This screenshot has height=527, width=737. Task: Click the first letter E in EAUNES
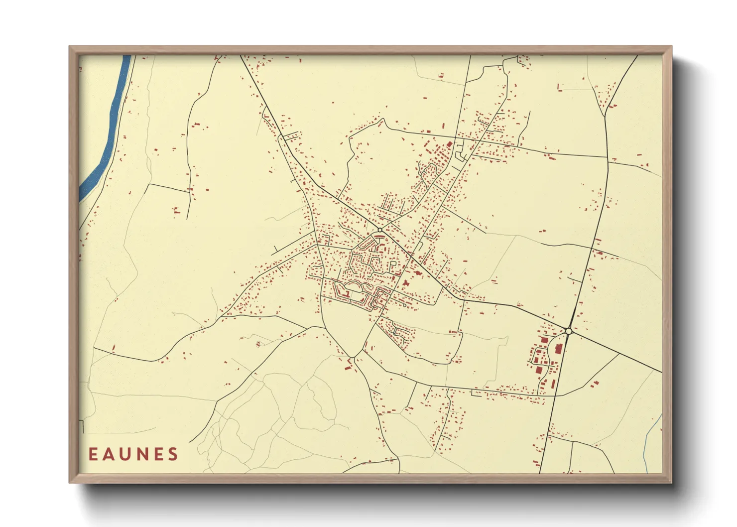point(93,454)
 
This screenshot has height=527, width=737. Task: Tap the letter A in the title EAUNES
point(109,454)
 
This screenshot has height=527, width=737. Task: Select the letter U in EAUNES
point(125,454)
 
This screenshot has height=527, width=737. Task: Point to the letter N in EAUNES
point(142,454)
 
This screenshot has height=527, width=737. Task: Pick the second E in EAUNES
point(158,454)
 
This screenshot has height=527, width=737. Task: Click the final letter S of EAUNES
point(173,454)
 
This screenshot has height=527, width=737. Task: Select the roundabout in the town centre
point(380,230)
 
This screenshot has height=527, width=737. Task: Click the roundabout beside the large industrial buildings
point(568,331)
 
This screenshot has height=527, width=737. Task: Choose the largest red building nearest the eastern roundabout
point(559,348)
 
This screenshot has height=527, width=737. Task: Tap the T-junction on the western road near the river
point(189,191)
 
